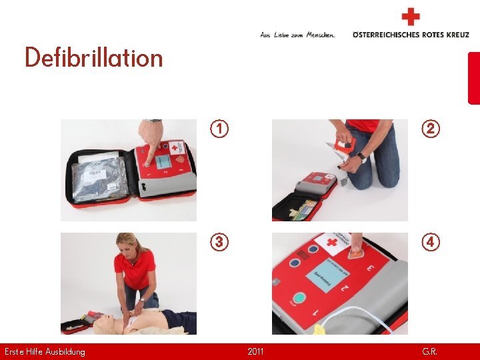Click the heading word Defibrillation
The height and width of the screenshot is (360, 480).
93,58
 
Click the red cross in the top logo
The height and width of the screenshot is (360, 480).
411,17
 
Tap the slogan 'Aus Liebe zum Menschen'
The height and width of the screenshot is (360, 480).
297,35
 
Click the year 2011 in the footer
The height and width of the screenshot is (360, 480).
255,351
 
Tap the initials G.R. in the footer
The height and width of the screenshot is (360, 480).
429,351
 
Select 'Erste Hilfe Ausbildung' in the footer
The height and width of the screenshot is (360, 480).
45,351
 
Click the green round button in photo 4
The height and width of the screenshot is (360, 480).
299,299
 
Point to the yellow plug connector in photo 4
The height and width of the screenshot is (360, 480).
319,329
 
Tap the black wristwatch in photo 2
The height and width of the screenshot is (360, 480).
361,157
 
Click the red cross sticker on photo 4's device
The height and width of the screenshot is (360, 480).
329,242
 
